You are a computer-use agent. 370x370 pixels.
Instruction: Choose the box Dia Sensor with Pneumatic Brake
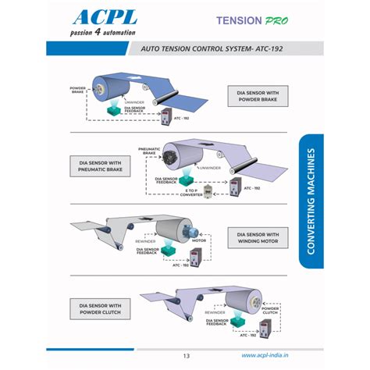coord(102,165)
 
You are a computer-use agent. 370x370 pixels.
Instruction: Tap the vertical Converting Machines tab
coord(311,201)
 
